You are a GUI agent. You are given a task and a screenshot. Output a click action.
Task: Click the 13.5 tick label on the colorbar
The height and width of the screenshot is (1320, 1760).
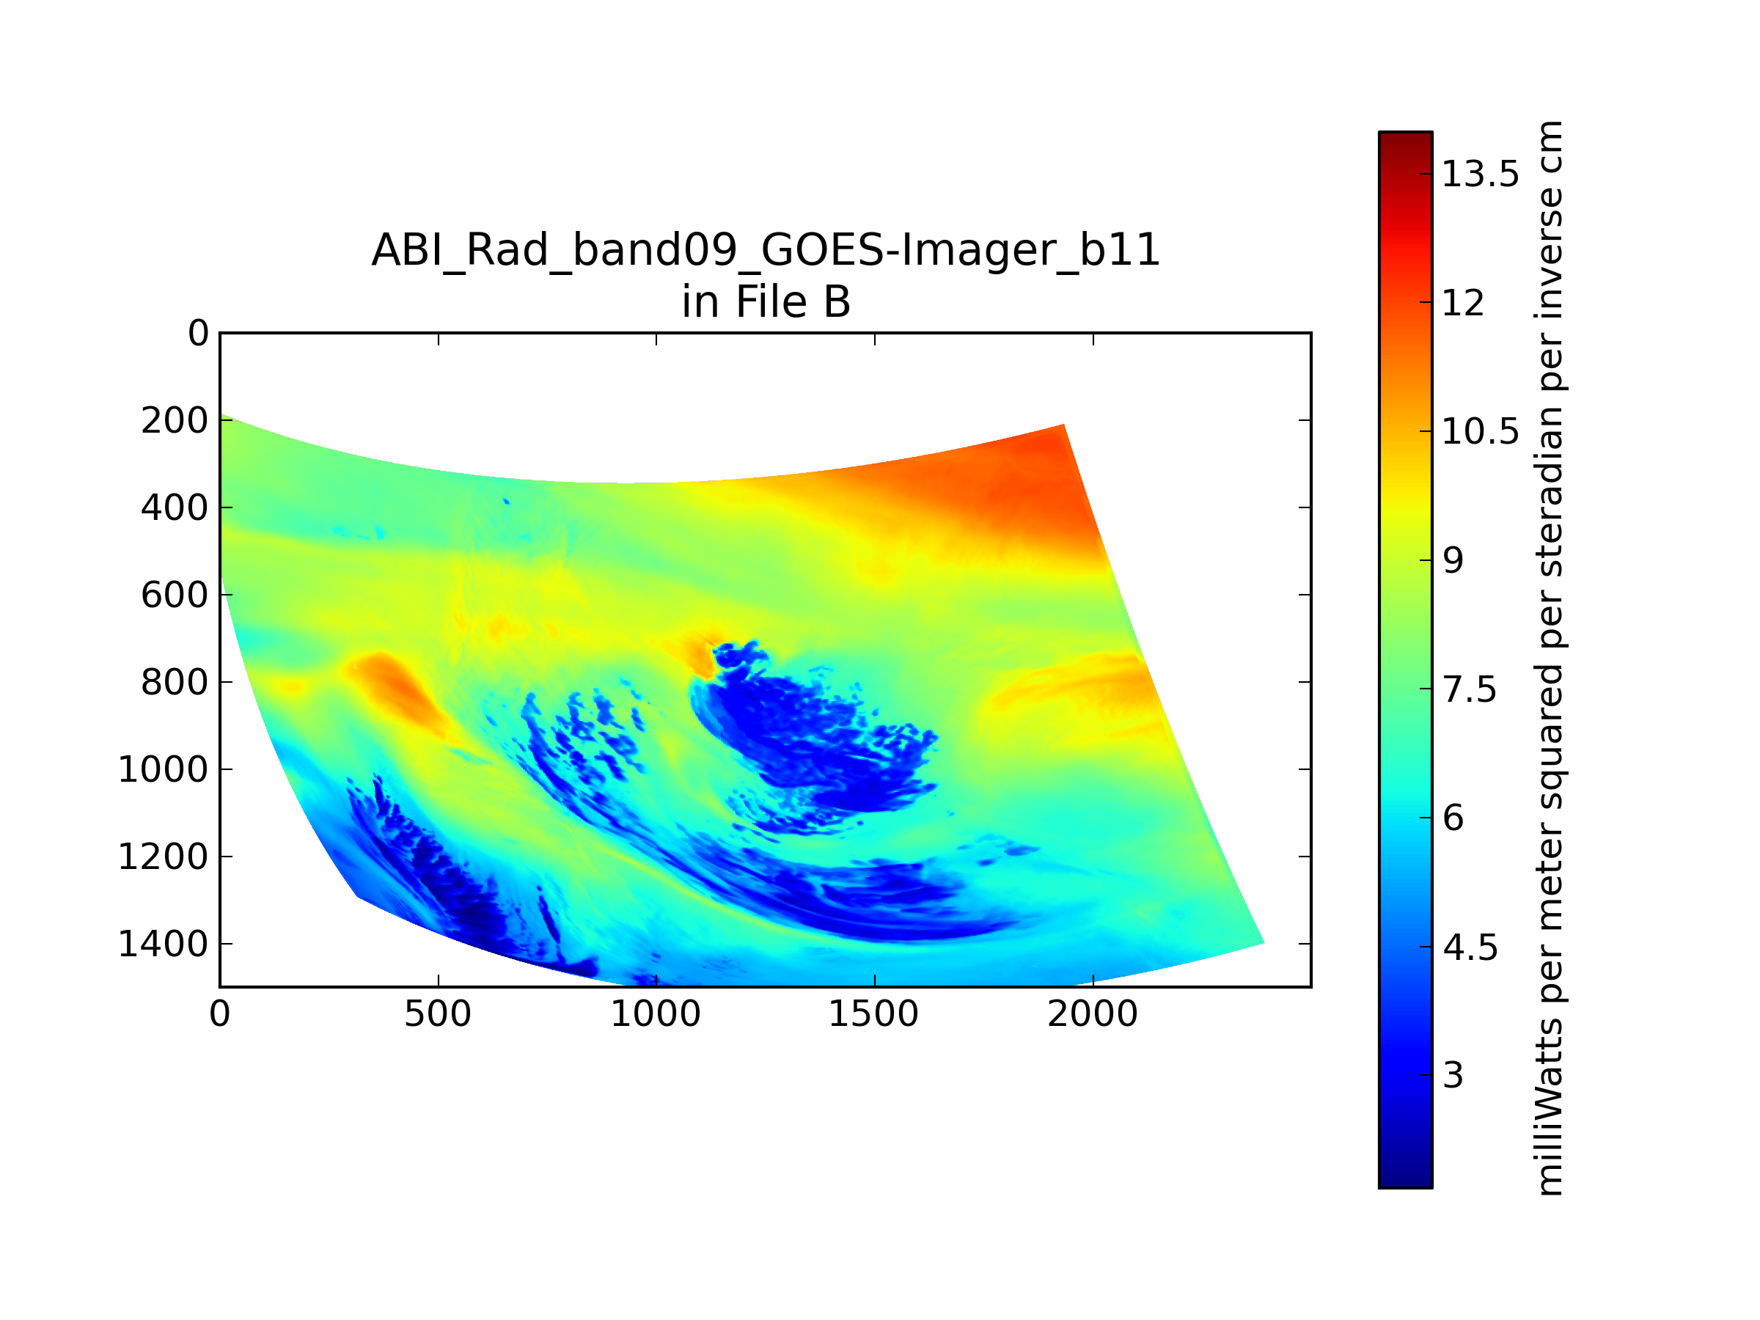(1480, 174)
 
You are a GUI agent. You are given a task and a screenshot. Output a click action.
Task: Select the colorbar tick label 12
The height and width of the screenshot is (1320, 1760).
(1462, 302)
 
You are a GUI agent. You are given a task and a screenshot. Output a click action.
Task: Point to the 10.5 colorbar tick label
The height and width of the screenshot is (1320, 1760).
(1480, 431)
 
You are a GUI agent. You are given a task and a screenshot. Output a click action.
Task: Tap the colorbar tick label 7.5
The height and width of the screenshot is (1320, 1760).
(1469, 689)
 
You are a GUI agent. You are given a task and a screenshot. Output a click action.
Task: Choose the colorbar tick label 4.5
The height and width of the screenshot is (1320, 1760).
(1470, 947)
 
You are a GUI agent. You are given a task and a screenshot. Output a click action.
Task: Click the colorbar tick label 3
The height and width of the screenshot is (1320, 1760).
(1452, 1075)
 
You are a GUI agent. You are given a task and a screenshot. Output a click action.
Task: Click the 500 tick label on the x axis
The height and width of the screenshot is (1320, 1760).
(438, 1014)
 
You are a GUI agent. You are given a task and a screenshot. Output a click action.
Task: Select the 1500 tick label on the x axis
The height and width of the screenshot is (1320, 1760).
(873, 1014)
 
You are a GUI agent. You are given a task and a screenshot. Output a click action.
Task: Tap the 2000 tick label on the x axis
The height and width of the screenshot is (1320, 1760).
(1093, 1014)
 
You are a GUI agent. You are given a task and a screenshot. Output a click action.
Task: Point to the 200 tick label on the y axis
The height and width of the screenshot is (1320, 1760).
(175, 420)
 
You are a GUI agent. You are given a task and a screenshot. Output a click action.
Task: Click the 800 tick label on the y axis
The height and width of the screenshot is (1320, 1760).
(175, 682)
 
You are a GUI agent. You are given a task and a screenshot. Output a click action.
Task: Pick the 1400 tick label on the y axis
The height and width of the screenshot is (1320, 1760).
(163, 944)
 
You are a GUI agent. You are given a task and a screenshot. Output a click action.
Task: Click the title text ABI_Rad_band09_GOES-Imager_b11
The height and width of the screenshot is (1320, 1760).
(766, 251)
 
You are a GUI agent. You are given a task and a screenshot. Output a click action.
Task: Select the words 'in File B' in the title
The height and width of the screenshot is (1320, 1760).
(766, 301)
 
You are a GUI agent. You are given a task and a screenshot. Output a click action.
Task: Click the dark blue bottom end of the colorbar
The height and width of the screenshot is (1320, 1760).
(1405, 1183)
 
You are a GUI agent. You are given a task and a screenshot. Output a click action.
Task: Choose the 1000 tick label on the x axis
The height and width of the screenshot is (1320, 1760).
(656, 1014)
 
